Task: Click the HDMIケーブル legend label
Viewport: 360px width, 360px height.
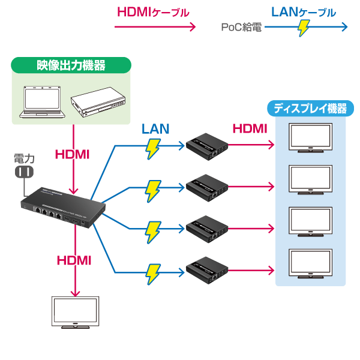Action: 154,12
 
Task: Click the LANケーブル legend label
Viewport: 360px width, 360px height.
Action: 304,12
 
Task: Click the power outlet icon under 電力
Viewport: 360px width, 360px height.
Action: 24,173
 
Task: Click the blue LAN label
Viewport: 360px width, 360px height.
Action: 155,128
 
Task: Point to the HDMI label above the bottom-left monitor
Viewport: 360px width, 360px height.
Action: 73,260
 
